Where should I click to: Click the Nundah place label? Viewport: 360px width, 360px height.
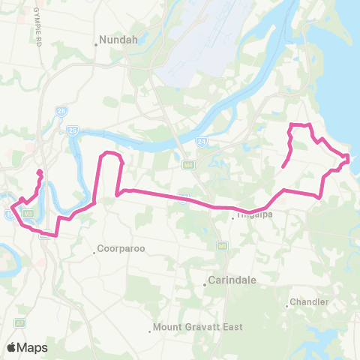point(118,43)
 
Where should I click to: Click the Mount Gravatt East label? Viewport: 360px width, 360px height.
point(192,327)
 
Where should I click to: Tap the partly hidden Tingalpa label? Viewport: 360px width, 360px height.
point(253,215)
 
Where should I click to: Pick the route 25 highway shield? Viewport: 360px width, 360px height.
point(73,130)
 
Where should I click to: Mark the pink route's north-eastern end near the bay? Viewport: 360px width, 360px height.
point(283,166)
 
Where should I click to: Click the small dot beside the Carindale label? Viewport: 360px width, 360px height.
point(205,283)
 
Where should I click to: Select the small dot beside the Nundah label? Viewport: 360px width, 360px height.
point(96,43)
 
